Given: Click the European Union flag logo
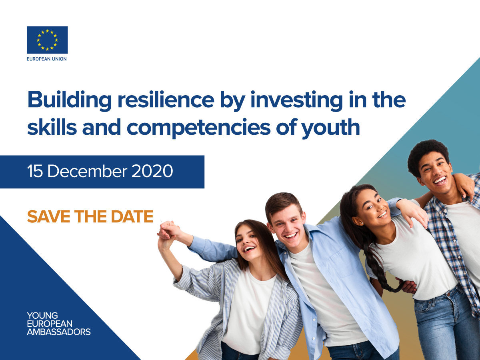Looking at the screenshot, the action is click(x=47, y=40).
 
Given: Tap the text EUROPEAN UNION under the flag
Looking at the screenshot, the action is click(x=47, y=59).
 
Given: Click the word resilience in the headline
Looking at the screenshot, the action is click(x=166, y=100).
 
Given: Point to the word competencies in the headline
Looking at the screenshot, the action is click(x=198, y=128).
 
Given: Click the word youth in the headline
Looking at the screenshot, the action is click(x=331, y=128).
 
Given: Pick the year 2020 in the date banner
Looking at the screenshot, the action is click(x=152, y=171).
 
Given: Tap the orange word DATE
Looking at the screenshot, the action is click(x=132, y=216).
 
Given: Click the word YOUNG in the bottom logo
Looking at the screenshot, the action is click(x=42, y=316).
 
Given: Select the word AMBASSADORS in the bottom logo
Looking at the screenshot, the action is click(x=59, y=332).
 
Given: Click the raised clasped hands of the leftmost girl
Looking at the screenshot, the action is click(x=168, y=230).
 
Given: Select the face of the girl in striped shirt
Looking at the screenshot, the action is click(x=247, y=240).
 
